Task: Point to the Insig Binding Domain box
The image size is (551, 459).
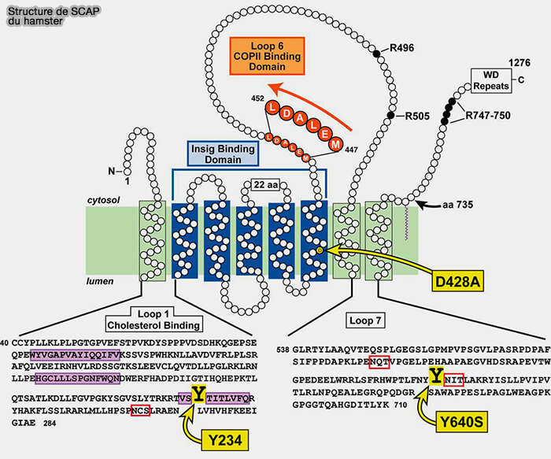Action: [x=221, y=154]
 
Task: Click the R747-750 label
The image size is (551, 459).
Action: [x=487, y=116]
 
